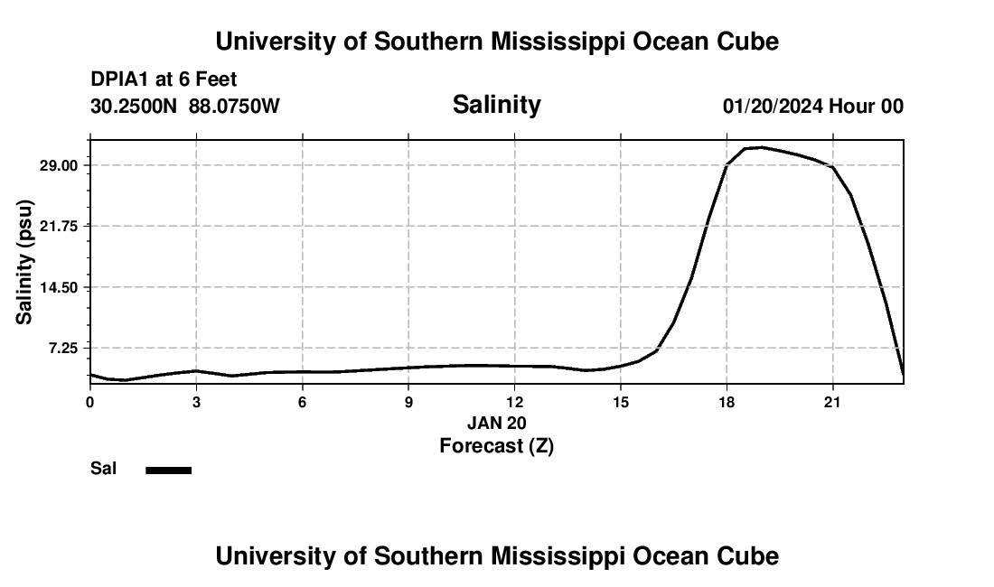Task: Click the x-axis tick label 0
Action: click(89, 401)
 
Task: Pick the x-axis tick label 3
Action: click(196, 401)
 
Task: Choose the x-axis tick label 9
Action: click(408, 401)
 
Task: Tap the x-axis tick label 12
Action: click(514, 401)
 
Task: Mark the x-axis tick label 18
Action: click(727, 401)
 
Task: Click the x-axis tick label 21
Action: click(832, 401)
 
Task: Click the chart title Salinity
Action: click(496, 105)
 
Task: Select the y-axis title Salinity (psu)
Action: click(25, 262)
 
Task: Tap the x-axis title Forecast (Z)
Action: click(496, 445)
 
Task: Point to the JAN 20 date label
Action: click(496, 423)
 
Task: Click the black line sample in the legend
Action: click(168, 470)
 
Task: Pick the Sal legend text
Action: click(103, 469)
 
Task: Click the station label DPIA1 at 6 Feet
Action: click(164, 79)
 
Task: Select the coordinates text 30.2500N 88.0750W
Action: click(185, 107)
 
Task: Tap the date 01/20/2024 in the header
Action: click(773, 107)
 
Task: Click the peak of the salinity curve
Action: click(761, 146)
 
